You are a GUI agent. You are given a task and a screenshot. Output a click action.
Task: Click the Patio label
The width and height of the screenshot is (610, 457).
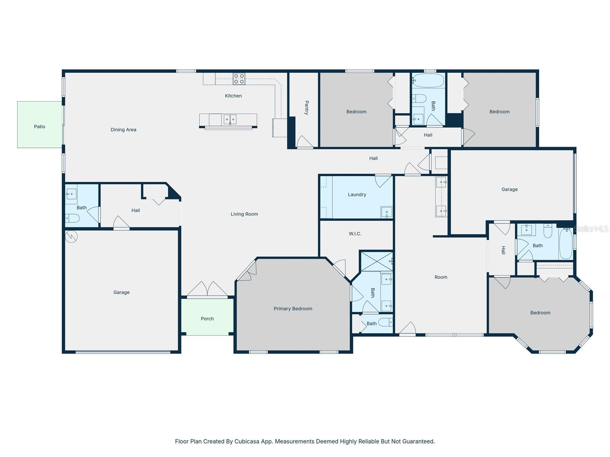point(40,127)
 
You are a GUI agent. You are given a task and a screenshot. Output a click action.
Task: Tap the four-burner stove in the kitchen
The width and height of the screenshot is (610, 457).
point(239,79)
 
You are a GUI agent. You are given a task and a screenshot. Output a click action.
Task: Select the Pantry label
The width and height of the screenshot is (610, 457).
point(307,108)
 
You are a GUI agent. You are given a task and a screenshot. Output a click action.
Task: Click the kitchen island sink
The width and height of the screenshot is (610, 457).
point(230,120)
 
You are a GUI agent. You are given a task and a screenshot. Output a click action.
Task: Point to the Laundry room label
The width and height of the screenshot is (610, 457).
point(357,195)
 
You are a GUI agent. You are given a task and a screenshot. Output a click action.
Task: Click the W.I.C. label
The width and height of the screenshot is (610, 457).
point(355,234)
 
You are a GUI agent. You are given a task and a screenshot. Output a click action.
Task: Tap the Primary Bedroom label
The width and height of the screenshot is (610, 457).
point(293,309)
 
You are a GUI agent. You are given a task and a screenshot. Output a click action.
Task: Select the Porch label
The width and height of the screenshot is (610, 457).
point(207,319)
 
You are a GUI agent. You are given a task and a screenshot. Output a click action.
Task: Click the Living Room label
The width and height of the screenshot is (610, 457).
point(244,214)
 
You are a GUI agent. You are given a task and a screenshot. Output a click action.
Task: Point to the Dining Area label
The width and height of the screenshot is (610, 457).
point(123,130)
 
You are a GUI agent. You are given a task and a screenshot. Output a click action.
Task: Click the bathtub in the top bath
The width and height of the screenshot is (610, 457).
point(429,81)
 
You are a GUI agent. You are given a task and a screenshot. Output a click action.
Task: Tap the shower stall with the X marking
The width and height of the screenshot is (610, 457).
point(376,261)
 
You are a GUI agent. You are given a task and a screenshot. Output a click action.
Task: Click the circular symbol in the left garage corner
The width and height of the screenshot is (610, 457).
point(71,237)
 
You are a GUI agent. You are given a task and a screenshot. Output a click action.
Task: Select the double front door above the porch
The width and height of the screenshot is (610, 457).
point(207,289)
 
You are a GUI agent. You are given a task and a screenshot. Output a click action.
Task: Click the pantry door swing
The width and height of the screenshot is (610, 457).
point(304,142)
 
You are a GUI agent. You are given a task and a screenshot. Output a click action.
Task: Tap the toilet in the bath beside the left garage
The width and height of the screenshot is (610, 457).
point(72,218)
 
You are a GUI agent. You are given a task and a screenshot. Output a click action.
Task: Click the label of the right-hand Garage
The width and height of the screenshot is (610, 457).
point(509,189)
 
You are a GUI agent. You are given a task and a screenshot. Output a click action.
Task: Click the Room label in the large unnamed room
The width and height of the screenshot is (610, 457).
point(441,277)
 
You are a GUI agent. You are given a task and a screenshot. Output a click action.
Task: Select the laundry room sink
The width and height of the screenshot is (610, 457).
point(387,213)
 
